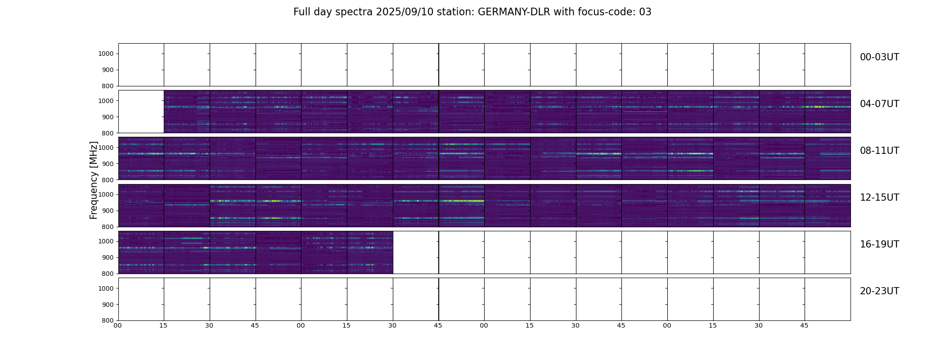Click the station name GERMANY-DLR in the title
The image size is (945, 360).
(513, 12)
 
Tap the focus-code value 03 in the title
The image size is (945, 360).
(645, 12)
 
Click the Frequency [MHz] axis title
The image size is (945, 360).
(94, 180)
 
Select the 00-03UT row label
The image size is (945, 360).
(879, 57)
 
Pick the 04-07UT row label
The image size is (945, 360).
(879, 104)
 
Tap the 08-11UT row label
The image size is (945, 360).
(879, 151)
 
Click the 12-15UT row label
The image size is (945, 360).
(879, 198)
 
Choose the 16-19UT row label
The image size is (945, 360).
(879, 244)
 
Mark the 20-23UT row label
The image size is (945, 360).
(879, 291)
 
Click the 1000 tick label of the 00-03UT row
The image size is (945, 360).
(106, 54)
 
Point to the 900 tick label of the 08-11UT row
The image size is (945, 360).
(108, 164)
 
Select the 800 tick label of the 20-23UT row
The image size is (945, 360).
(108, 320)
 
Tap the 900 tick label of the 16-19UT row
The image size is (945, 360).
(108, 257)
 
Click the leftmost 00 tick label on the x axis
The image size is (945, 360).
(118, 325)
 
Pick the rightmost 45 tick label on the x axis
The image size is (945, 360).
(804, 325)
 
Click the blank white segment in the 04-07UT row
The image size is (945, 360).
(141, 112)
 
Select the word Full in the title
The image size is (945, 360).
(302, 12)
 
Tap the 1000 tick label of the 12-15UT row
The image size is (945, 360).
(106, 194)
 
